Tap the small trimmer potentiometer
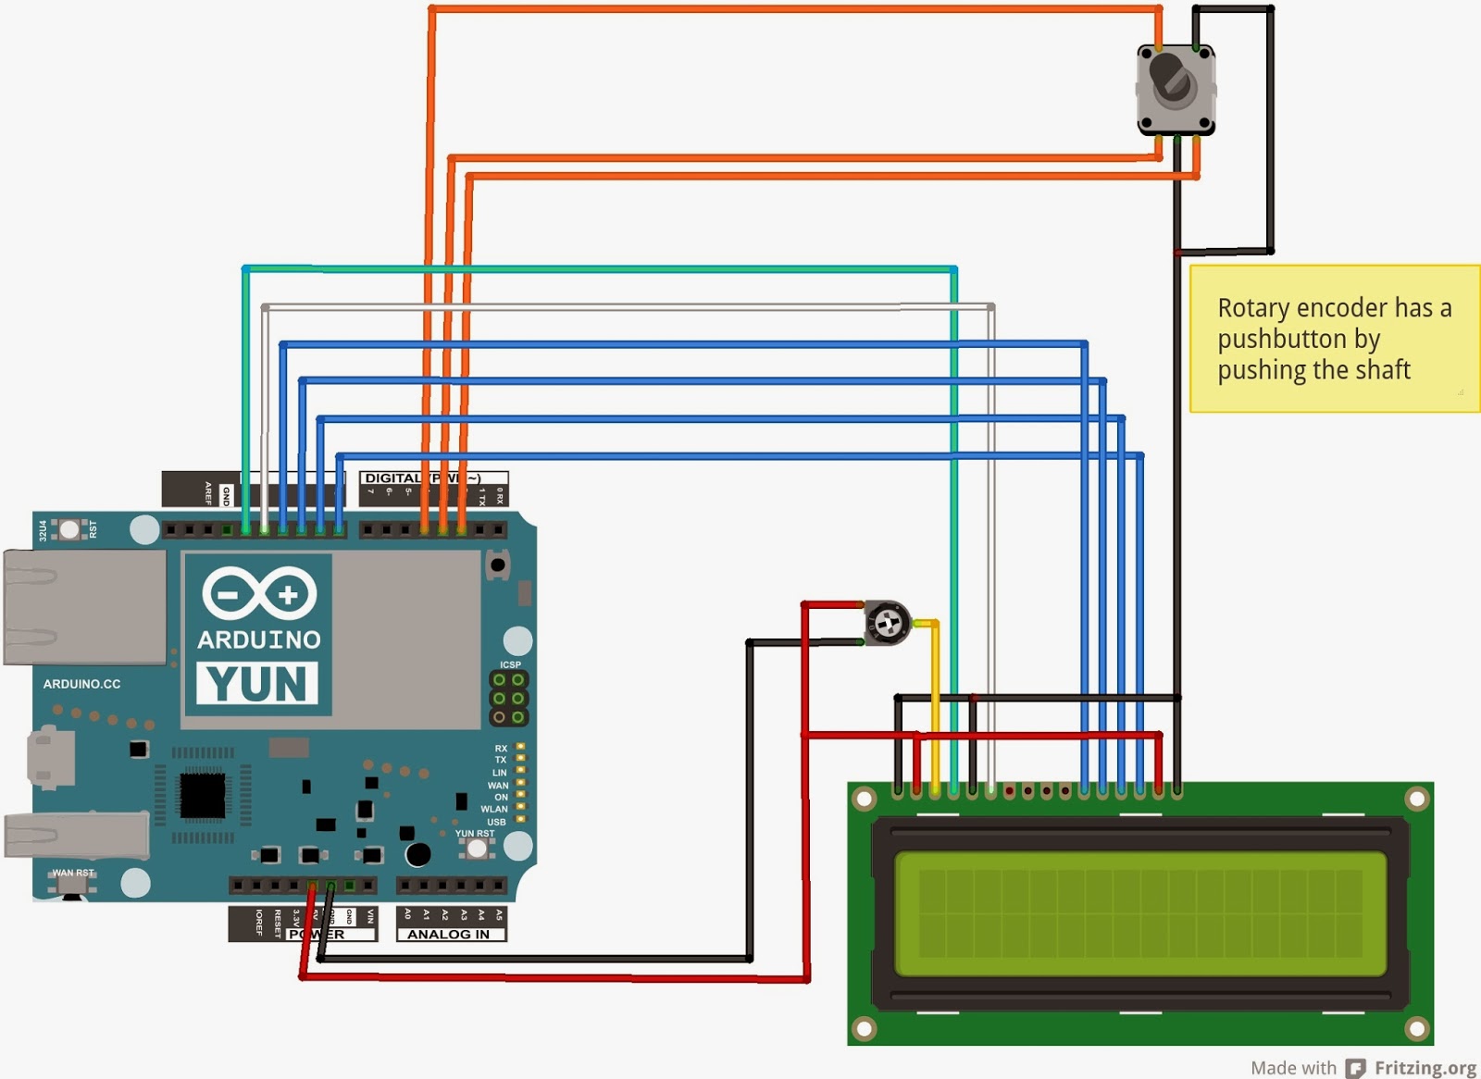(887, 623)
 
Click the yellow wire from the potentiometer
(934, 703)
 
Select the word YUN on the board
(257, 684)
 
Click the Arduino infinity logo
(259, 593)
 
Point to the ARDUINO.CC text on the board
(81, 684)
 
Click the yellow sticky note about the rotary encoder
(1333, 339)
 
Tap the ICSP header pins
(508, 698)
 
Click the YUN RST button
(477, 848)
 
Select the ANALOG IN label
(448, 935)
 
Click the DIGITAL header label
(392, 478)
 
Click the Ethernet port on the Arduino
(83, 607)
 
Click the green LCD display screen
(1139, 914)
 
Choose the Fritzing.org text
(1425, 1068)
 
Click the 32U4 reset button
(68, 529)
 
